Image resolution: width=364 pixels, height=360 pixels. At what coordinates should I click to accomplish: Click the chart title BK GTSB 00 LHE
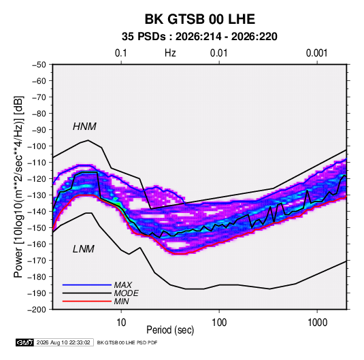coord(200,19)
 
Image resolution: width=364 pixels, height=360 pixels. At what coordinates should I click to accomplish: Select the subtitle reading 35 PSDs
coord(144,37)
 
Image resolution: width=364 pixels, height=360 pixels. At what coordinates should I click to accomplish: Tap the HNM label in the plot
coord(84,127)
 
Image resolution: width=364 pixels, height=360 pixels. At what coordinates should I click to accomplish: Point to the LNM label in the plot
coord(84,249)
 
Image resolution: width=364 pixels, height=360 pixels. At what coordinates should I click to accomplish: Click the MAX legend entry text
coord(122,285)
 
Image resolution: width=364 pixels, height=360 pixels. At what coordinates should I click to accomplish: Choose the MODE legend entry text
coord(127,293)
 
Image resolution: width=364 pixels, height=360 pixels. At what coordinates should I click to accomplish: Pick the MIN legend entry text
coord(121,301)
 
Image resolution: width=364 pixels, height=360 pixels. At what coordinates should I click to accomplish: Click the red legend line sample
coord(87,301)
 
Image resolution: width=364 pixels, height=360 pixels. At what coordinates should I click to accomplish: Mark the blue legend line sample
coord(87,285)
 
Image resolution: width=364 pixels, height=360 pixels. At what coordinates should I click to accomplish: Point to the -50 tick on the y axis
coord(39,65)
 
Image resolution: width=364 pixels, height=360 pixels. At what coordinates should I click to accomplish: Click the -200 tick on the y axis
coord(37,310)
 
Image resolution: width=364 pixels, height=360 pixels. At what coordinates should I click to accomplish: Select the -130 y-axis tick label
coord(37,195)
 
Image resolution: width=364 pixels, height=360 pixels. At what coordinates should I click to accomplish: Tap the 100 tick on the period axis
coord(219,323)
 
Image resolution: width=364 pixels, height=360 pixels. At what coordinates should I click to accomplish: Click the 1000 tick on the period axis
coord(317,323)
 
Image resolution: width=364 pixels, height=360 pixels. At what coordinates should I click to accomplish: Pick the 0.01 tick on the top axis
coord(219,53)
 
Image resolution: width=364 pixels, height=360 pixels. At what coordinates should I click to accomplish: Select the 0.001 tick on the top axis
coord(316,53)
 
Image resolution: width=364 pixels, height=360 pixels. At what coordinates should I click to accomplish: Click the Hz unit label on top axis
coord(170,53)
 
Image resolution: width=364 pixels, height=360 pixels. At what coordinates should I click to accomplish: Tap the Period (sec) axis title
coord(170,330)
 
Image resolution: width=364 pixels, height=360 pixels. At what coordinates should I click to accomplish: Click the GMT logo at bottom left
coord(25,342)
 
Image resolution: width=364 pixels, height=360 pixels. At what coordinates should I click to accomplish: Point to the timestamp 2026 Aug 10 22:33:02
coord(63,342)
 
